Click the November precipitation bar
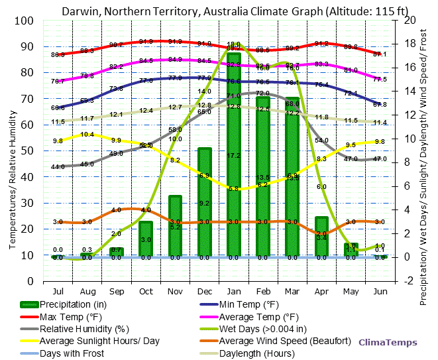[x=176, y=225]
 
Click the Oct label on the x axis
[x=146, y=291]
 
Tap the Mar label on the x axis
[x=292, y=291]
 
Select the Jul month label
[x=58, y=291]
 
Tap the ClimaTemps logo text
[x=388, y=342]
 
